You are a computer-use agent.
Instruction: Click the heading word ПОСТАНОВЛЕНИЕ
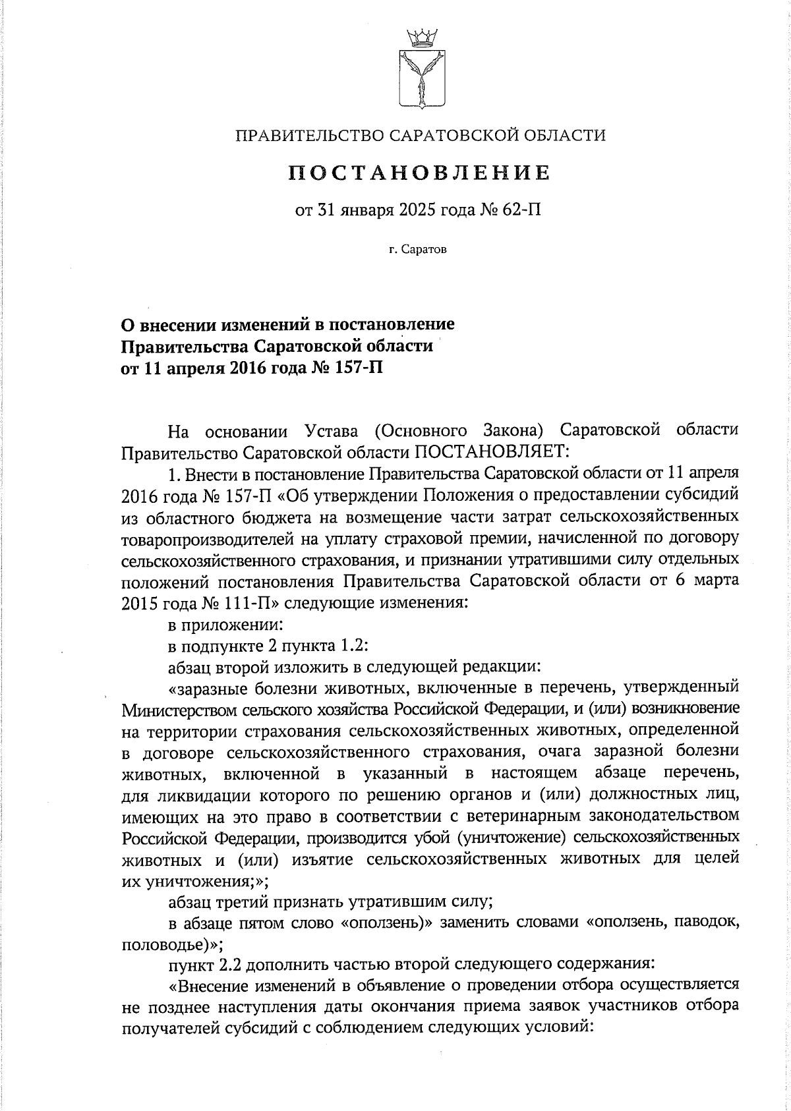420,173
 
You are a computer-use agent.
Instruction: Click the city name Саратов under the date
426,250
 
